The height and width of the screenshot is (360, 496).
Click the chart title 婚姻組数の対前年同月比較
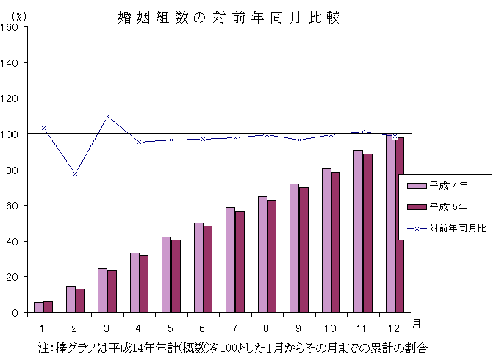point(229,17)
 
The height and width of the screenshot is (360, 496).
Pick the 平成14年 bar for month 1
point(38,307)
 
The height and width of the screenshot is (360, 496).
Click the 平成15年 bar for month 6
point(208,269)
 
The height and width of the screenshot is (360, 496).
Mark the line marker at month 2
point(75,173)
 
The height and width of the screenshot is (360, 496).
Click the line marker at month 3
point(107,116)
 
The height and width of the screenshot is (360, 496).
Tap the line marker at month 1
point(43,128)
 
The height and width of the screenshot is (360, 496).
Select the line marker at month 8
point(267,134)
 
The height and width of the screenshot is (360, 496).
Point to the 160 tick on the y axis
point(12,27)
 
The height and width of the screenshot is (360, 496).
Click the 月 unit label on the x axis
point(417,323)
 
